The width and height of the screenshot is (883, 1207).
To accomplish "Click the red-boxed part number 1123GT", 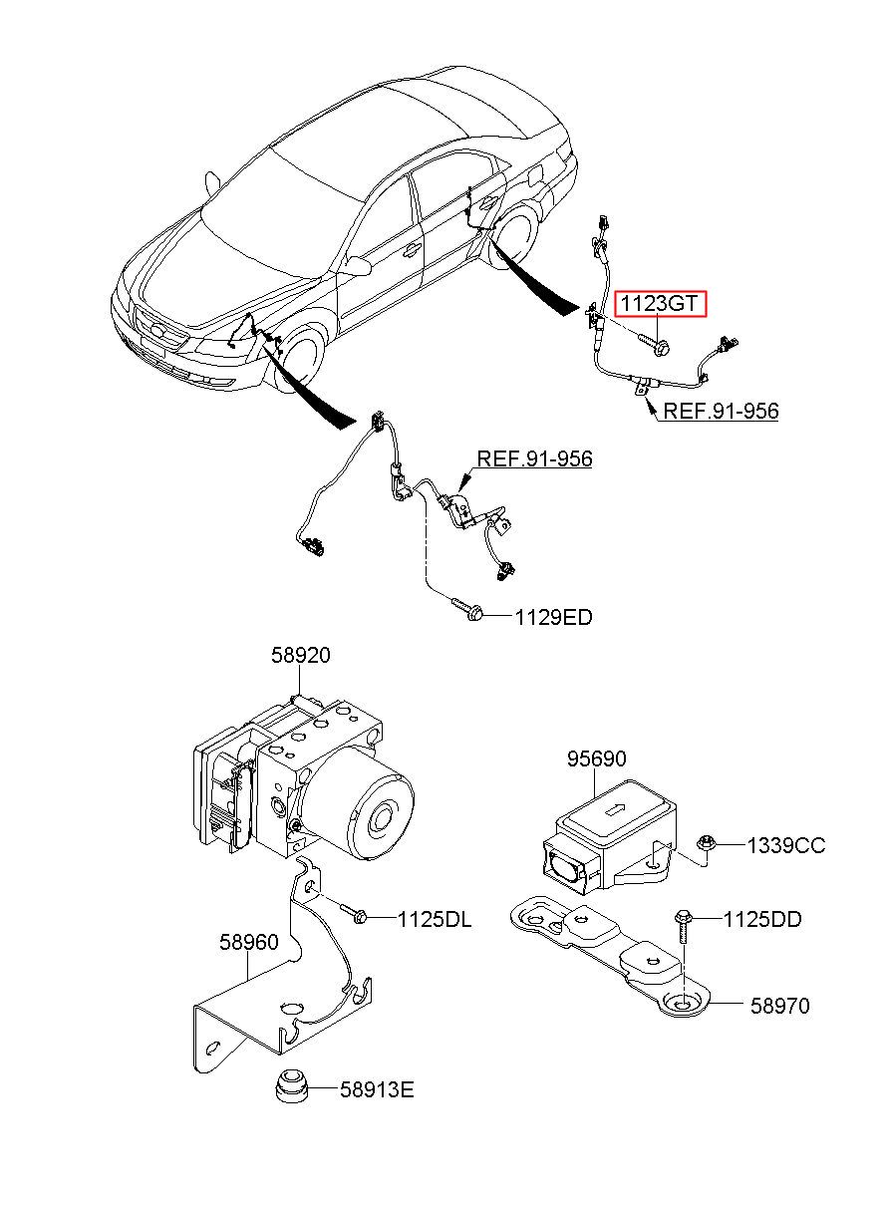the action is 660,303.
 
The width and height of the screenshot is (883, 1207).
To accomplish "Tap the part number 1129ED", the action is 554,617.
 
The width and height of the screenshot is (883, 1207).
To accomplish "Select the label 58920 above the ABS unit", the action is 300,655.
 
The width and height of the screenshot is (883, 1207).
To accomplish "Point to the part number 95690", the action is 596,759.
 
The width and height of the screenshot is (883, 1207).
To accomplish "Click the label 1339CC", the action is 786,845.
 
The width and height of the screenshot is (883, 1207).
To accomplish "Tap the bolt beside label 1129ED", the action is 467,608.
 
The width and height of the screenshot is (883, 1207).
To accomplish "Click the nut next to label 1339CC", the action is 706,843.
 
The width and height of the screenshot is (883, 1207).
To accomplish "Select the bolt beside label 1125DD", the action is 683,926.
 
